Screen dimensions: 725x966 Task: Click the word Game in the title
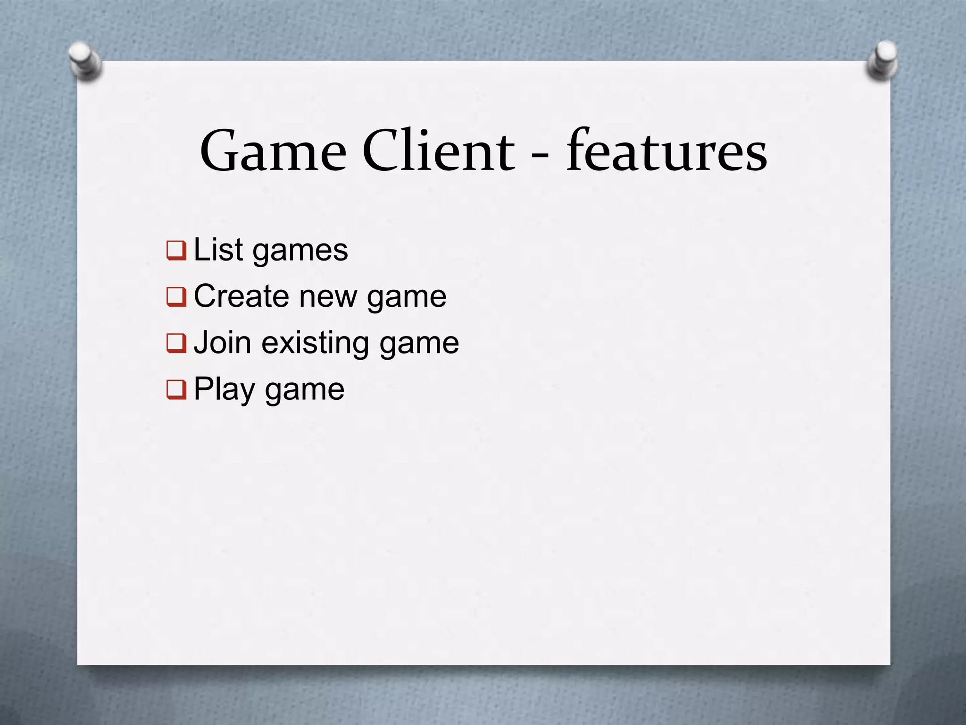coord(273,151)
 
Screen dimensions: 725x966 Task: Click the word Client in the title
coord(439,151)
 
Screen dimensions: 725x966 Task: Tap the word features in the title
coord(666,151)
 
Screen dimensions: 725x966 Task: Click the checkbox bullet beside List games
coord(176,250)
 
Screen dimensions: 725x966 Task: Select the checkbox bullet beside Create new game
coord(176,297)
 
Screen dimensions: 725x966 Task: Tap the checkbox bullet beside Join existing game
coord(176,343)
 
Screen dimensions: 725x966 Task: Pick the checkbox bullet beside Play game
coord(176,390)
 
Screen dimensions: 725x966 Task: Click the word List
coord(218,249)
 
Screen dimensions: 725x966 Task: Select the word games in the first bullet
coord(300,251)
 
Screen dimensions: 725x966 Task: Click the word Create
coord(241,296)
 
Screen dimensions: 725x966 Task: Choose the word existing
coord(315,343)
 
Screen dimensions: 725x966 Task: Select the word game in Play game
coord(305,391)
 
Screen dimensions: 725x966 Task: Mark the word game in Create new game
coord(407,298)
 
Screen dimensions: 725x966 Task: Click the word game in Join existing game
coord(419,344)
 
